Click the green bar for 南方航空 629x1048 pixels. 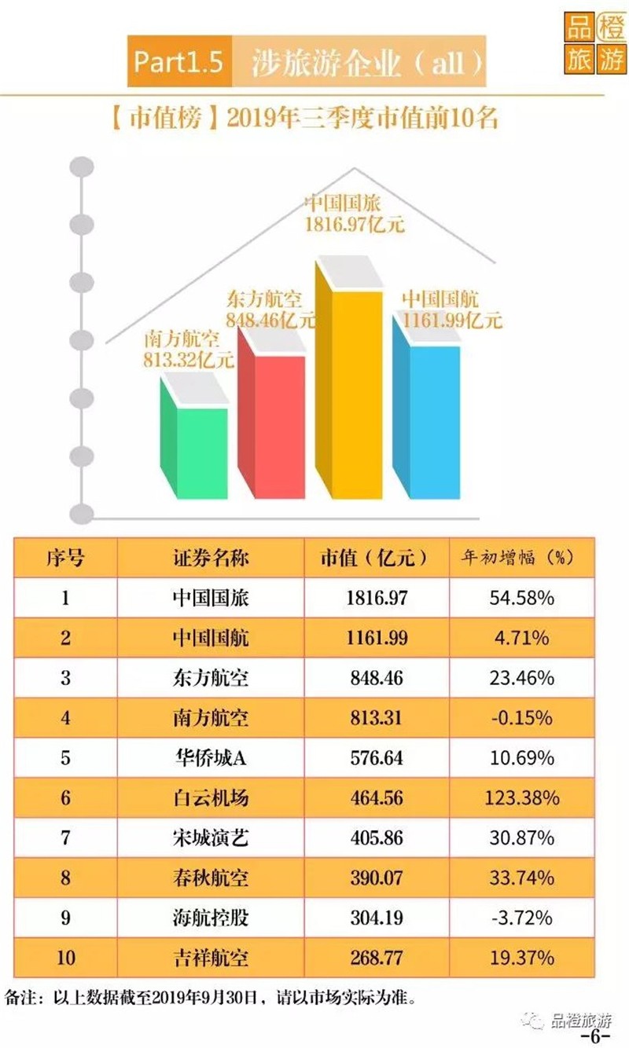(x=194, y=438)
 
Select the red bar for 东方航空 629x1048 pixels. (x=271, y=412)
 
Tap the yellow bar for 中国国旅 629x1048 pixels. (x=349, y=378)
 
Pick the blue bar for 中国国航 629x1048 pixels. (x=426, y=406)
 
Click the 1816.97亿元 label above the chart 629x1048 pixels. (x=355, y=225)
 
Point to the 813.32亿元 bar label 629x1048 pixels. (x=188, y=360)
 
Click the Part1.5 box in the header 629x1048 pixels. (x=179, y=61)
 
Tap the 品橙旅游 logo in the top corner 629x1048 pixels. (x=595, y=42)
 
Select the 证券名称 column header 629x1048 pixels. (x=211, y=558)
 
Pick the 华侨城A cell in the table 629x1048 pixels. (x=211, y=757)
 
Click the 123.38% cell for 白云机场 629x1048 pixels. (x=522, y=797)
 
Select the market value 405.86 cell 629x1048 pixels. (x=377, y=837)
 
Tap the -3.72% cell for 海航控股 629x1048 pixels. (x=522, y=918)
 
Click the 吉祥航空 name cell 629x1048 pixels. (x=211, y=958)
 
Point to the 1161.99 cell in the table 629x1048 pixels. (x=377, y=638)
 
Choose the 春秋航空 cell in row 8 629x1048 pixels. (x=211, y=878)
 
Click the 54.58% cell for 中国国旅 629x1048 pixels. (x=522, y=598)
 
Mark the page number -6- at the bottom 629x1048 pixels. (x=595, y=1035)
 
